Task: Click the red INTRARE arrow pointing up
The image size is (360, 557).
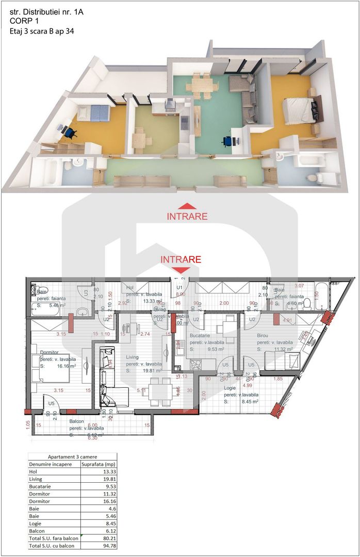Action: [187, 205]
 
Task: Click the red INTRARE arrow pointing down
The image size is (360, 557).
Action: [180, 269]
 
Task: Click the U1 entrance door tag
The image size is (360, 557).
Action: [180, 287]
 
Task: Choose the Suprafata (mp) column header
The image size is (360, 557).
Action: [99, 464]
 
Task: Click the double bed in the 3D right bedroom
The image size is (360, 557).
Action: [298, 109]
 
